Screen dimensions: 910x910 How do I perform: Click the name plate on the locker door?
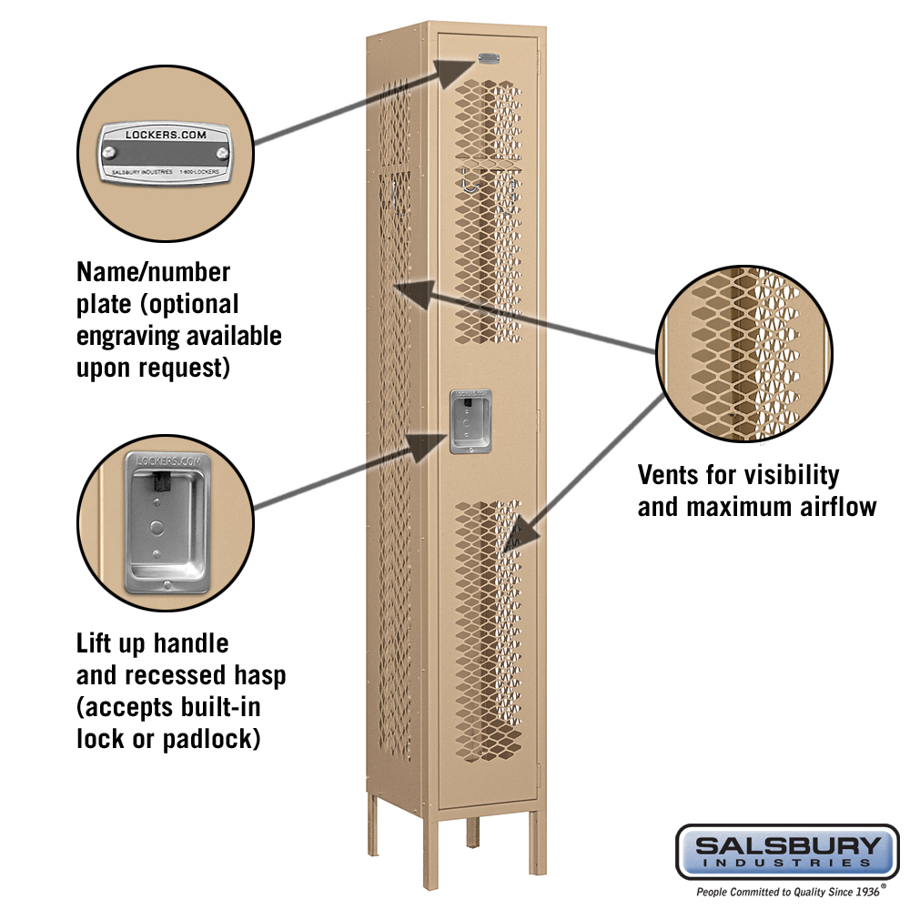pos(489,59)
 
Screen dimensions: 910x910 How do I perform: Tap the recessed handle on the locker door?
pos(470,421)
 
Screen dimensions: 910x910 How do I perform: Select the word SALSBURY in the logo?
pos(787,845)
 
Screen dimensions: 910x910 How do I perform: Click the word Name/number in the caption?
pos(154,271)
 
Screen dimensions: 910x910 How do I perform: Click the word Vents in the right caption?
pos(671,475)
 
